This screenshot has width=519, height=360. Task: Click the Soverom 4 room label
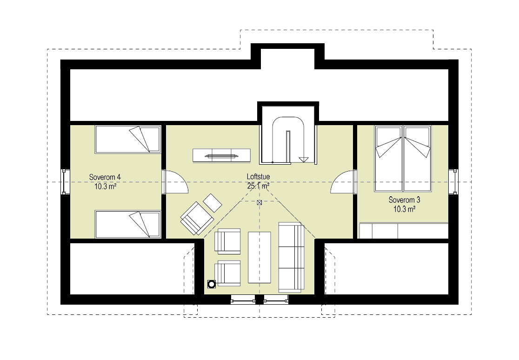[x=105, y=177]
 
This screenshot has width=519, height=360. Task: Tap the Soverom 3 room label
[x=404, y=200]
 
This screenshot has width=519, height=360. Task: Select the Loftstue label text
[x=258, y=177]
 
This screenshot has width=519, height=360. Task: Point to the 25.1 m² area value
[x=258, y=186]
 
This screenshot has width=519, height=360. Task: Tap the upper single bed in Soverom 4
[x=128, y=140]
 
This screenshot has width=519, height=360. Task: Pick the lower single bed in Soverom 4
[x=128, y=224]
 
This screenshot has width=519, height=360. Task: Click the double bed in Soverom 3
[x=403, y=159]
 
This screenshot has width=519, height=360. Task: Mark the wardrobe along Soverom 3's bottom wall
[x=404, y=231]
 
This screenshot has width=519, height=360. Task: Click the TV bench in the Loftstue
[x=221, y=156]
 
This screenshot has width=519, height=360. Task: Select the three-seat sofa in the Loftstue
[x=291, y=257]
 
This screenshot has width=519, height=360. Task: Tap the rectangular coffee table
[x=259, y=257]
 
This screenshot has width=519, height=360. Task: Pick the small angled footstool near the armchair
[x=213, y=203]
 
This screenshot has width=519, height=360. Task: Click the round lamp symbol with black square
[x=212, y=284]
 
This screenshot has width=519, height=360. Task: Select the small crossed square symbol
[x=259, y=203]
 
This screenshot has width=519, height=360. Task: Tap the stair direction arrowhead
[x=303, y=160]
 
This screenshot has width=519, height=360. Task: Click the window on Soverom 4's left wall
[x=65, y=182]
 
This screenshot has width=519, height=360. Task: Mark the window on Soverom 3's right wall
[x=453, y=182]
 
